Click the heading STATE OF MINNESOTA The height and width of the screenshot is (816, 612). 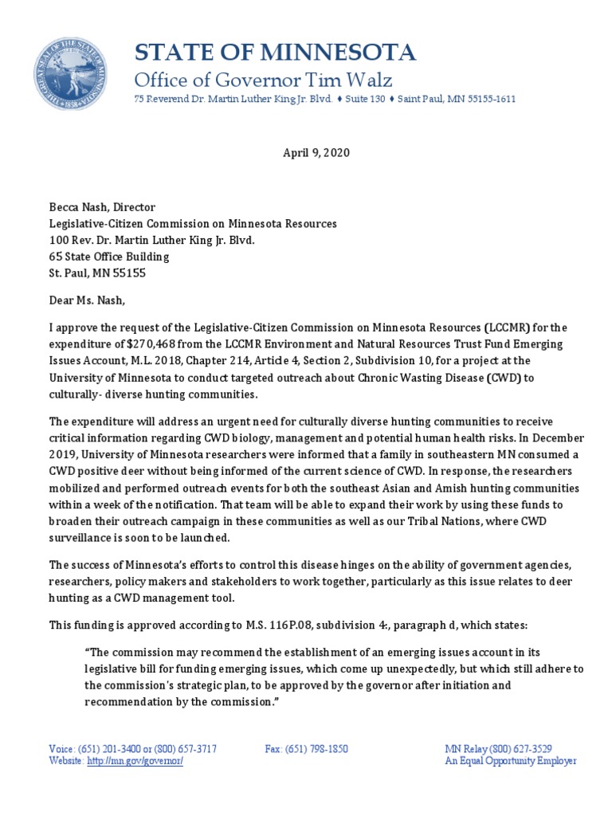coord(274,53)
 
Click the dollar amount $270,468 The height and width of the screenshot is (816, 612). coord(139,343)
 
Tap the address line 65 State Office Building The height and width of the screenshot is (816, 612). coord(109,257)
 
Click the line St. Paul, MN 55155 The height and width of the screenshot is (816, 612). coord(98,273)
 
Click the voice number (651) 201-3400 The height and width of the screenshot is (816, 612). coord(108,749)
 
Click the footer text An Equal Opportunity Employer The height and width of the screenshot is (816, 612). coord(510,761)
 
